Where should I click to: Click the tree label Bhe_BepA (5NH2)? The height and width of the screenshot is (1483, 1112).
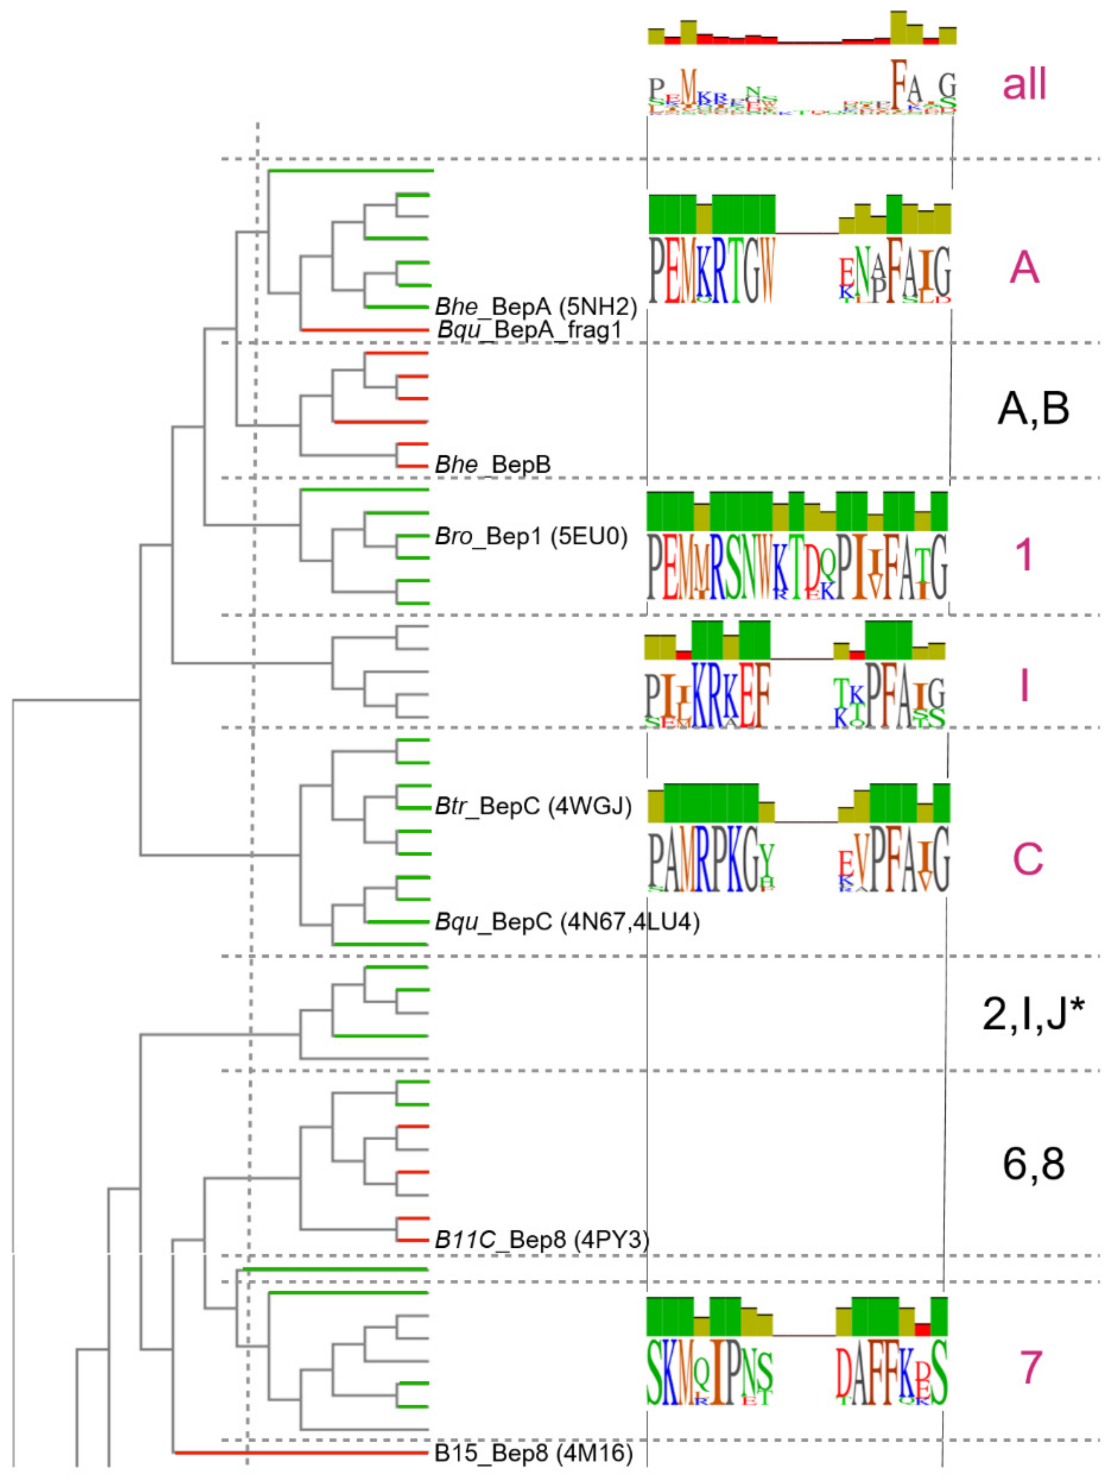pos(535,307)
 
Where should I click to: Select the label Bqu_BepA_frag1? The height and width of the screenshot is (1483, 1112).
pos(530,330)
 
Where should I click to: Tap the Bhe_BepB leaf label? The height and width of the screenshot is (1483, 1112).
pos(493,464)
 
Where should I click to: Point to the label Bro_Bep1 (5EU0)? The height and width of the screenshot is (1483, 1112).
pos(531,536)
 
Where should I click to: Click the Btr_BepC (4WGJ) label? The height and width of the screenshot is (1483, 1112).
pos(533,806)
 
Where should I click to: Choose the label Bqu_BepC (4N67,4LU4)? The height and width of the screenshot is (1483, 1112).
pos(567,922)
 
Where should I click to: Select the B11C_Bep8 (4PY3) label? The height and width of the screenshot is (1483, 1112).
pos(542,1240)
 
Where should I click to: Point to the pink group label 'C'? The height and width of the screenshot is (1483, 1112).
pos(1028,858)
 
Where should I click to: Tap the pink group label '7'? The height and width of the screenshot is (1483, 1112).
pos(1031,1368)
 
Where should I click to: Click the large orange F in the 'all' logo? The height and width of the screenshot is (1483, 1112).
pos(899,80)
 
